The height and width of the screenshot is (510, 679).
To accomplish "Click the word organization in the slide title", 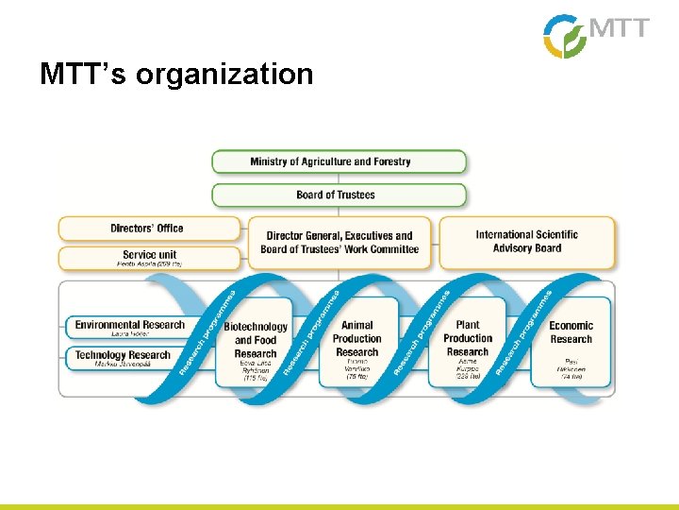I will point(224,74).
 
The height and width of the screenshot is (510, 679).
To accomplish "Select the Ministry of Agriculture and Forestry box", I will point(339,161).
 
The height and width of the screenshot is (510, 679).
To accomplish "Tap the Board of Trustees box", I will point(339,195).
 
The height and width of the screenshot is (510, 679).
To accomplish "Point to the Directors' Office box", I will point(148,228).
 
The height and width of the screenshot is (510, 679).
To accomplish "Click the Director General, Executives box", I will point(339,243).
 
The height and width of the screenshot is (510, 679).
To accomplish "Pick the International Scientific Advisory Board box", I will point(526,242).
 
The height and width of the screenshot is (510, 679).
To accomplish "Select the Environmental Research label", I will point(129,325).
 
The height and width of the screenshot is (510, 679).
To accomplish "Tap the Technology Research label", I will point(123,355).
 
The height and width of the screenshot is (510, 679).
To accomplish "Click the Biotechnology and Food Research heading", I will point(256,340).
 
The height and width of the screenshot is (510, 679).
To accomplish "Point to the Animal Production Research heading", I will point(356,339).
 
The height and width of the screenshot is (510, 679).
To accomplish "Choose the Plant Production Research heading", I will point(468,339).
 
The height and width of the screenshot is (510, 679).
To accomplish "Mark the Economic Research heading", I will point(571,332).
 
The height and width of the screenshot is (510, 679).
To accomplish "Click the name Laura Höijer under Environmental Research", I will point(131,334).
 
